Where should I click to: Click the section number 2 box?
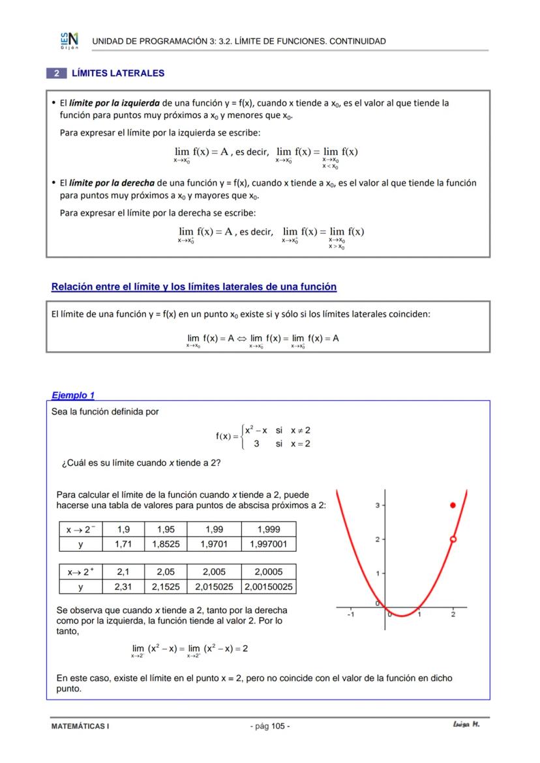pyautogui.click(x=57, y=74)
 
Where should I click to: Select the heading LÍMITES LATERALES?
pyautogui.click(x=118, y=74)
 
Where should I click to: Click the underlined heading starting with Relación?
pyautogui.click(x=194, y=287)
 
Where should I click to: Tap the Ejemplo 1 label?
pyautogui.click(x=73, y=395)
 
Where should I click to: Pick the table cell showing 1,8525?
pyautogui.click(x=166, y=543)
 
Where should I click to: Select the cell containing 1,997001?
pyautogui.click(x=269, y=543)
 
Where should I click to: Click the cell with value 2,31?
pyautogui.click(x=123, y=586)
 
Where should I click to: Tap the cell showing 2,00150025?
pyautogui.click(x=269, y=586)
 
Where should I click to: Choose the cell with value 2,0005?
pyautogui.click(x=269, y=571)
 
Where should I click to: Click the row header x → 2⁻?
pyautogui.click(x=80, y=529)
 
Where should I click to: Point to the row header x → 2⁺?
pyautogui.click(x=81, y=571)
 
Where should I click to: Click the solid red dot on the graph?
pyautogui.click(x=453, y=506)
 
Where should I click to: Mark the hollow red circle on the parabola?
pyautogui.click(x=453, y=539)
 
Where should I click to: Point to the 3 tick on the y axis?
pyautogui.click(x=378, y=506)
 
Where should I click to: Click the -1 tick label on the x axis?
pyautogui.click(x=350, y=614)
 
